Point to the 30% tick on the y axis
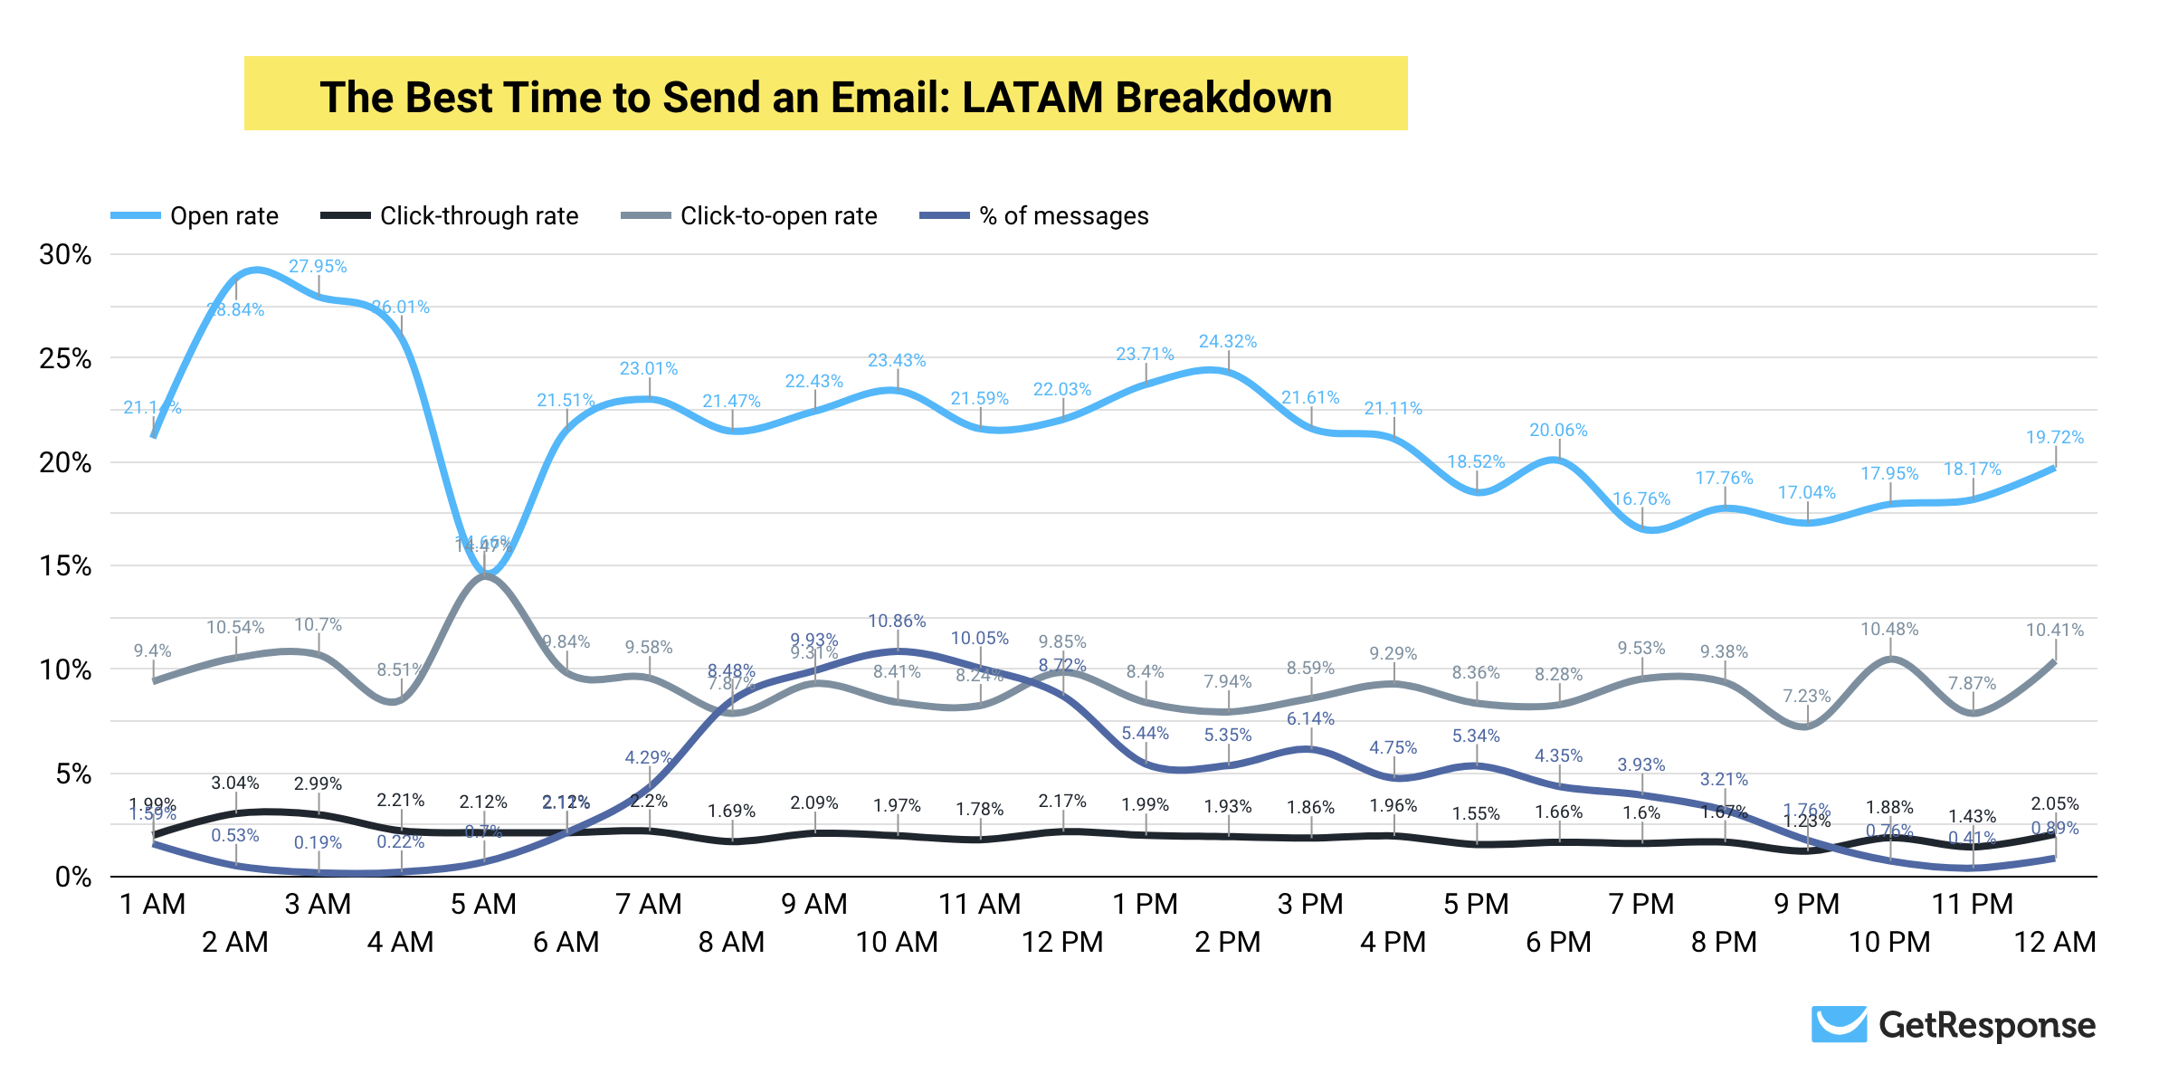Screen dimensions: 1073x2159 [65, 255]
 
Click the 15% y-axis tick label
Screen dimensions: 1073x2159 [65, 566]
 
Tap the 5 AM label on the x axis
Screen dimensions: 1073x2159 [483, 904]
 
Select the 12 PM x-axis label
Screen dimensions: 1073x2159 [1062, 943]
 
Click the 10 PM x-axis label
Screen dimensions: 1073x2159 [1889, 943]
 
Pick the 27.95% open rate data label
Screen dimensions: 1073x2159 [318, 267]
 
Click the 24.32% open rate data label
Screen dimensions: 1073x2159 [1228, 342]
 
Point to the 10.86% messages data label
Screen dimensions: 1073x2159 [897, 622]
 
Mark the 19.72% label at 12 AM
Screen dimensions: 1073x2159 [2054, 438]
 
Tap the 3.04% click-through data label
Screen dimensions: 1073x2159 [235, 783]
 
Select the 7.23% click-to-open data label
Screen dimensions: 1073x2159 [1806, 697]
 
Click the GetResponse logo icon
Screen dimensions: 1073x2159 [1839, 1024]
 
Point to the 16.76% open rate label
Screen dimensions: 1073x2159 [1641, 499]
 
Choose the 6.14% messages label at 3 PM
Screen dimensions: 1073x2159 [1310, 719]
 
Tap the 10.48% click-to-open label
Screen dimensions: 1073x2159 [1889, 630]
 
